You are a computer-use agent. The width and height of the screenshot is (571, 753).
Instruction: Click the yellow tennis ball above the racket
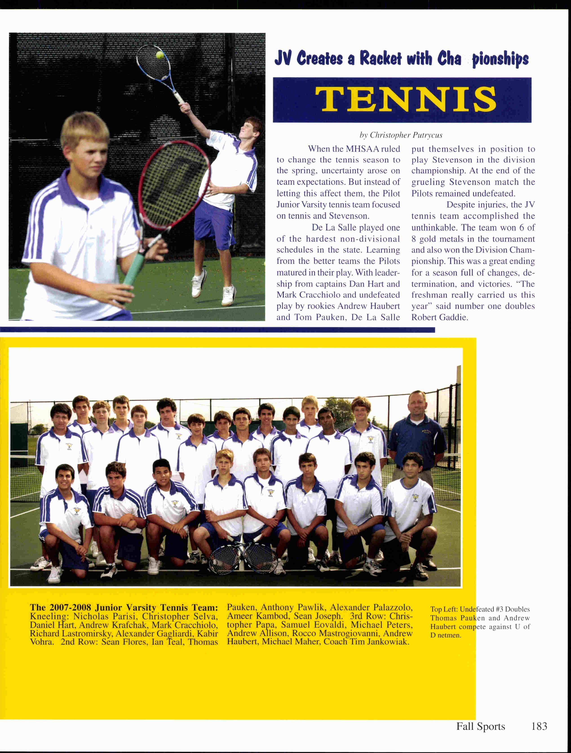pos(159,55)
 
